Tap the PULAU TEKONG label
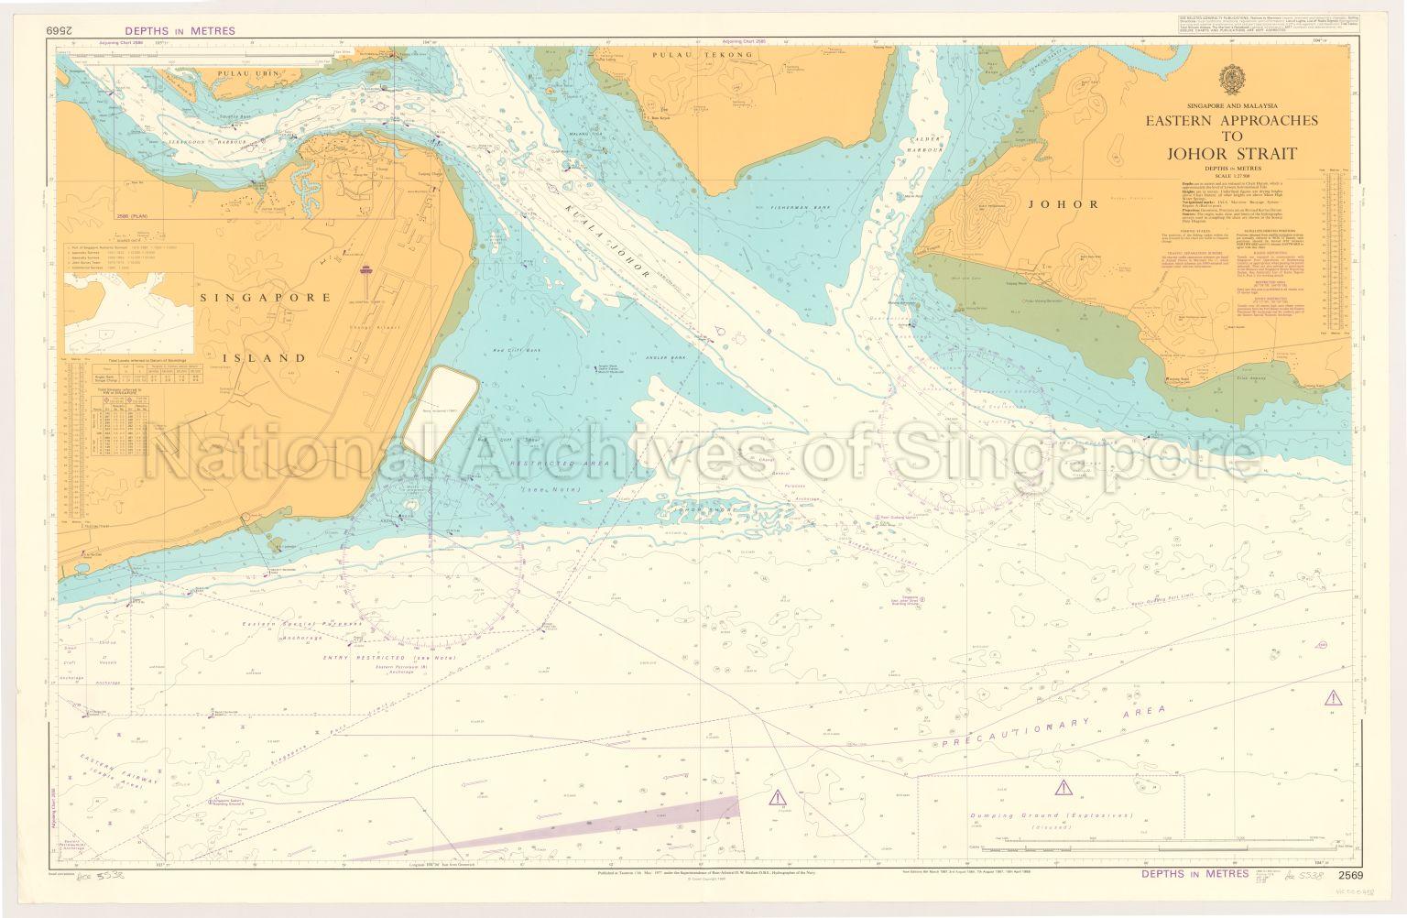(x=702, y=55)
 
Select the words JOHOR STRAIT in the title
(x=1234, y=153)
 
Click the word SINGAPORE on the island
(x=253, y=298)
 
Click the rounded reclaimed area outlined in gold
(x=442, y=410)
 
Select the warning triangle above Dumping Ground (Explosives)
(x=1062, y=787)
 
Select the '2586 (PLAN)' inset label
(x=136, y=215)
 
